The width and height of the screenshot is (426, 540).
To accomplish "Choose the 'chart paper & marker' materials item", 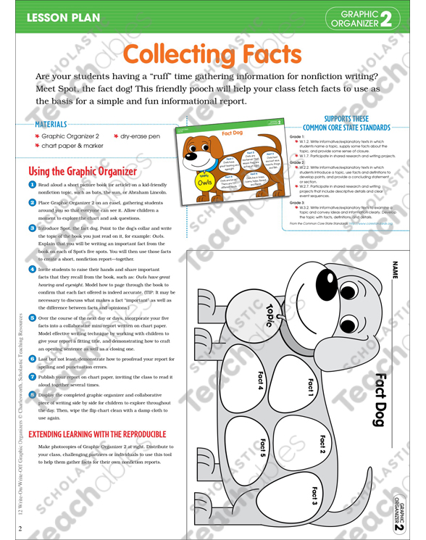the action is (75, 146).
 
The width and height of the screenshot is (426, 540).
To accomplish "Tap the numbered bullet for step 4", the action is (33, 269).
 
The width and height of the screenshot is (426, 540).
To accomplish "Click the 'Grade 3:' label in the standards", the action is (297, 202).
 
